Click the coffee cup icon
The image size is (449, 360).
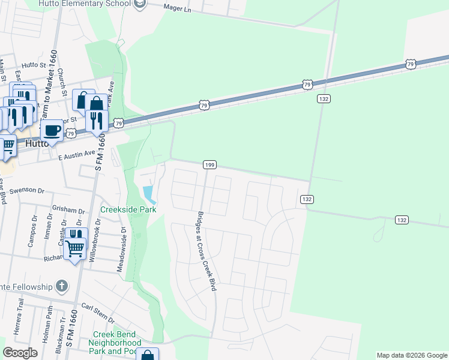coord(52,130)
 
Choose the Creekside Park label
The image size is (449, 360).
coord(128,209)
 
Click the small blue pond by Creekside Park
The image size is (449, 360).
coord(148,194)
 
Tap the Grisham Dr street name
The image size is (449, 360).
coord(69,211)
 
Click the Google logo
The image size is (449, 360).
coord(20,353)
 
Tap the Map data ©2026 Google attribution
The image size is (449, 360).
coord(411,355)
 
